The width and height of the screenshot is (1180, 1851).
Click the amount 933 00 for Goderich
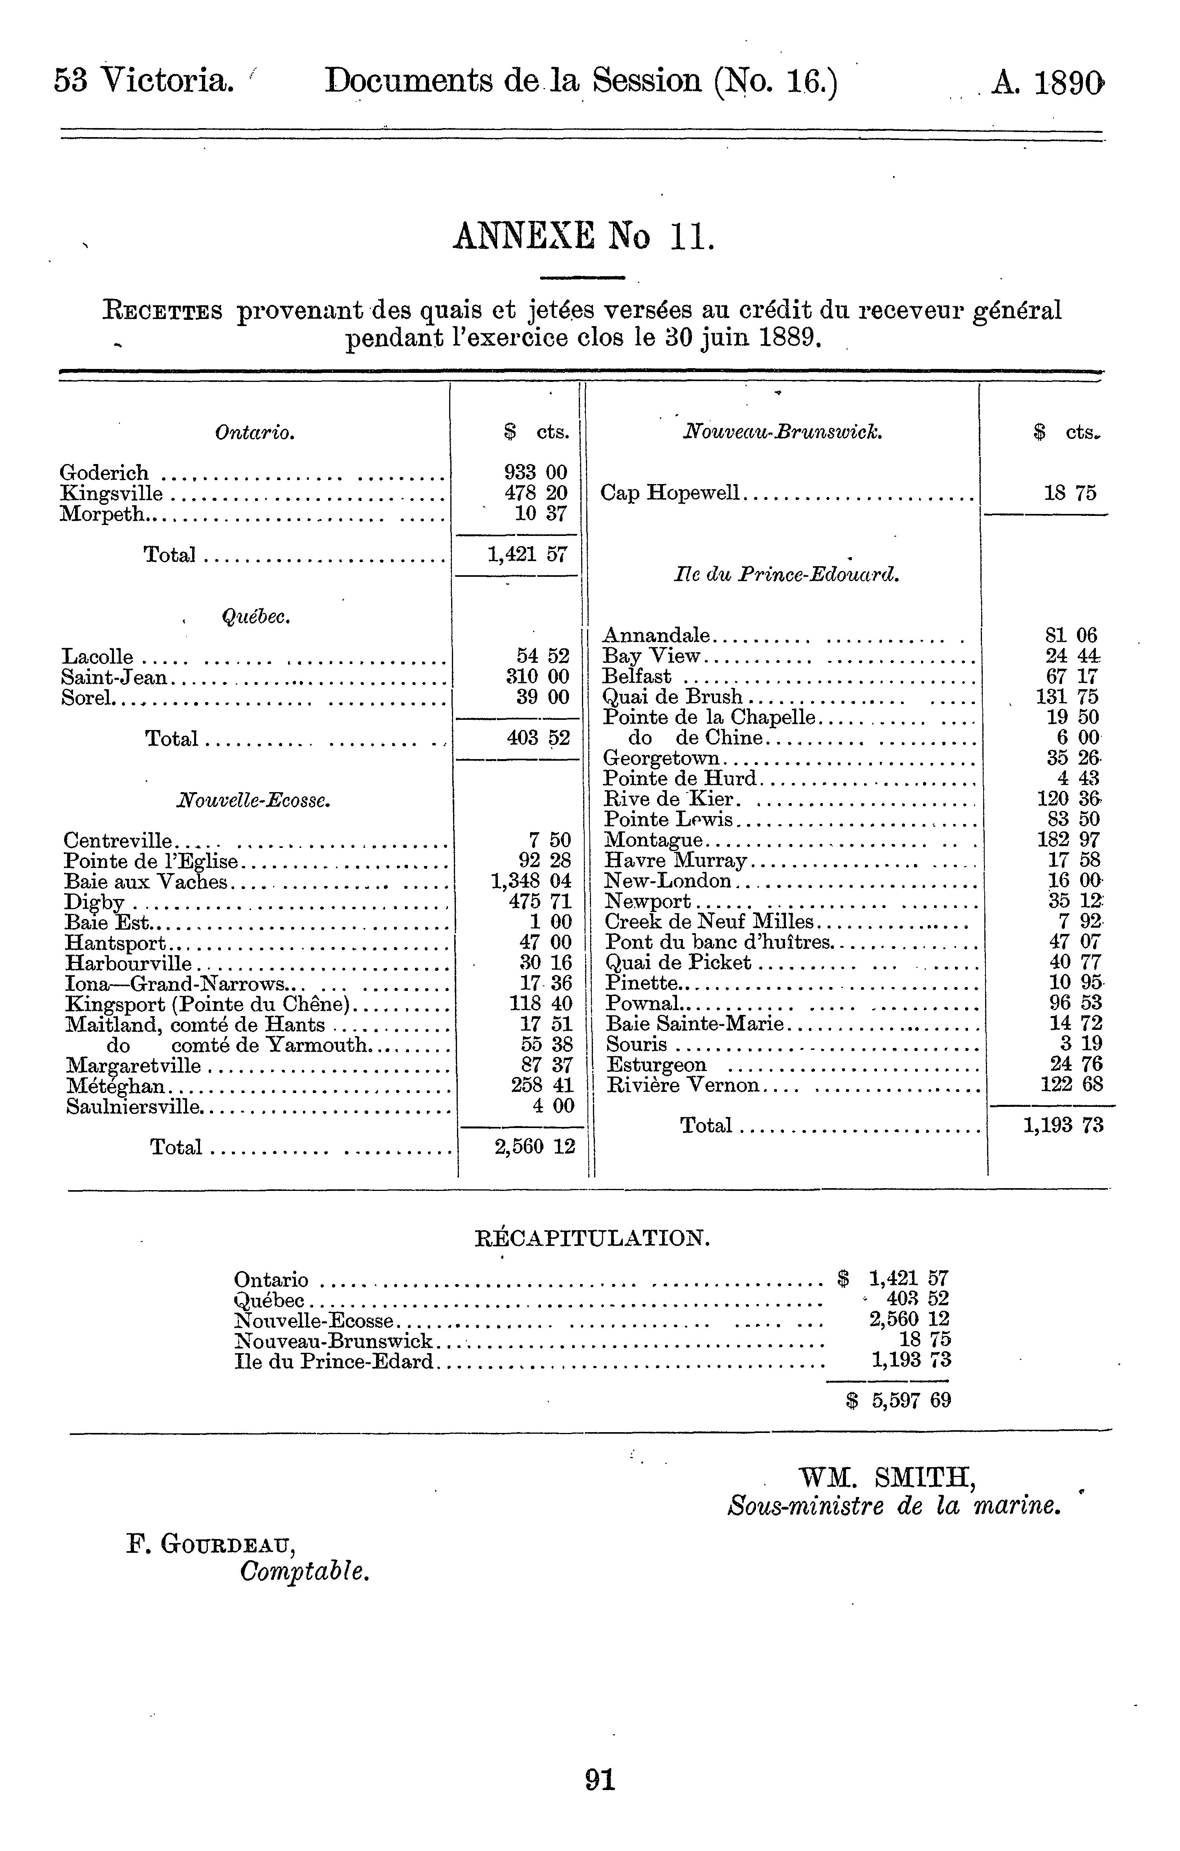pyautogui.click(x=536, y=472)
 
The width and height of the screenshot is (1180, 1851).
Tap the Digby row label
pyautogui.click(x=95, y=901)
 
